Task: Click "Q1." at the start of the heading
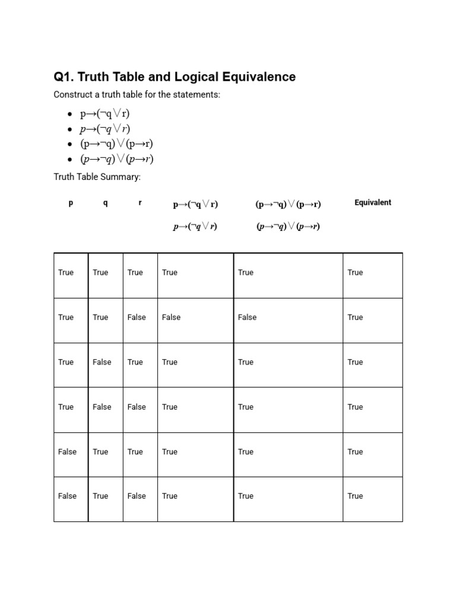tap(64, 77)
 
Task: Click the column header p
tap(71, 203)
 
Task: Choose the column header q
tap(105, 203)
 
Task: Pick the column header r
tap(140, 203)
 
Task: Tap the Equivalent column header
tap(372, 202)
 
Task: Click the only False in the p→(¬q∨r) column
tap(171, 317)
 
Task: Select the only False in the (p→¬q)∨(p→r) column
tap(247, 317)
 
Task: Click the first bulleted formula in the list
tap(104, 113)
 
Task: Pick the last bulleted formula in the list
tap(117, 159)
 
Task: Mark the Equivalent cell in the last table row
tap(355, 496)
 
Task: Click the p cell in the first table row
tap(66, 273)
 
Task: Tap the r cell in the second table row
tap(137, 317)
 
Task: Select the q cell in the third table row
tap(102, 362)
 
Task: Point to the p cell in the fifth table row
tap(67, 452)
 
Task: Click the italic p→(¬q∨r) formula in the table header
tap(195, 227)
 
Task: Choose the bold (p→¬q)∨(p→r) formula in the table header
tap(288, 204)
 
